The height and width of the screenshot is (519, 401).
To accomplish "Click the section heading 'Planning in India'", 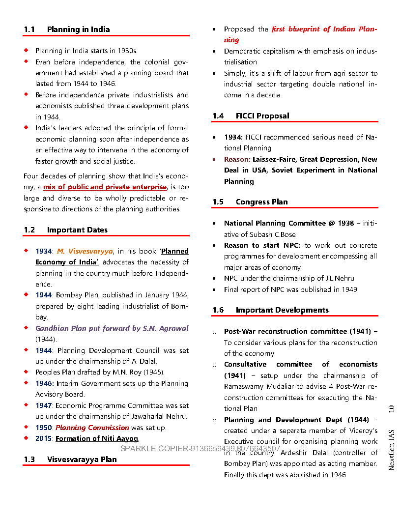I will click(78, 29).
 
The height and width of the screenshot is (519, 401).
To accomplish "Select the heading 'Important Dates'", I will click(77, 230).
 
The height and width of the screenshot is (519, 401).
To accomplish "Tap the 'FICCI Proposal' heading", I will click(262, 116).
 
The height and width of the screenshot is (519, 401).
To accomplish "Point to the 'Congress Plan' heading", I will click(261, 202).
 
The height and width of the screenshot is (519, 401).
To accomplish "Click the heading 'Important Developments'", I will click(282, 310).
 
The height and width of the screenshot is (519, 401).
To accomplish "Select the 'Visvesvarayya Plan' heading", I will click(82, 460).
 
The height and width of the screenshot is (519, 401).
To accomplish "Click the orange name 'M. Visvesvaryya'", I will click(85, 251).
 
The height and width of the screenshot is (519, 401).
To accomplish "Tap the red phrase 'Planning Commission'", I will click(92, 428).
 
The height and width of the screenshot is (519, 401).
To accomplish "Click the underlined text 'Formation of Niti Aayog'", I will click(97, 438).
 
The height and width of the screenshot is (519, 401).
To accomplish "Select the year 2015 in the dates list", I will click(43, 438).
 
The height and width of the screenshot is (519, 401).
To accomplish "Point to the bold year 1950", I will click(43, 428).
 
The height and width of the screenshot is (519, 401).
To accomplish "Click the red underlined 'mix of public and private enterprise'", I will click(105, 187).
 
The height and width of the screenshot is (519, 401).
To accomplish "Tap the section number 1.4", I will click(218, 116).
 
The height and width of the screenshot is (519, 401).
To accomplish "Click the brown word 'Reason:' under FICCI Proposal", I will click(237, 159).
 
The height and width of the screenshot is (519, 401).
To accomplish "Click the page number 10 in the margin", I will click(392, 409).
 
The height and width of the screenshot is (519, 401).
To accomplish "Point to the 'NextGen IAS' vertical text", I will click(392, 449).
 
